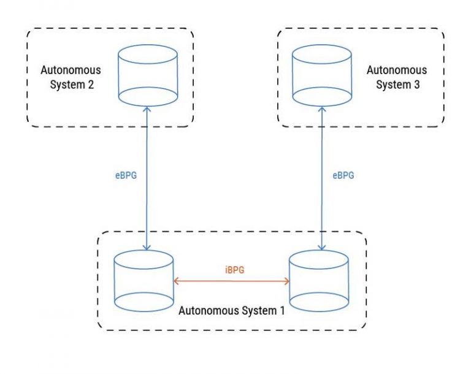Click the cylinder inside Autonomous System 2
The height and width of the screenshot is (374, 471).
(x=147, y=74)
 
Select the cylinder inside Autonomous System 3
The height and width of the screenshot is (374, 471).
(x=323, y=74)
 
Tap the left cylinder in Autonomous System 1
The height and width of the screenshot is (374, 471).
(x=144, y=281)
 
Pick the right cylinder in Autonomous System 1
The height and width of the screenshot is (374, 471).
(x=319, y=281)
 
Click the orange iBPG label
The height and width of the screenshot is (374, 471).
(x=231, y=269)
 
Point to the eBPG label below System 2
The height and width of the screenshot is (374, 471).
(x=125, y=175)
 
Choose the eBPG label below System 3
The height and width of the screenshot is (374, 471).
(x=343, y=175)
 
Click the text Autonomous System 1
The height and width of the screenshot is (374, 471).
(x=231, y=311)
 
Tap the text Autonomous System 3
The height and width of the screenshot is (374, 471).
(x=397, y=77)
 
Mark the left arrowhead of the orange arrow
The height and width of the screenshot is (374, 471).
(x=176, y=281)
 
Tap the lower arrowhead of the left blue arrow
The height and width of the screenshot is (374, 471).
(x=147, y=246)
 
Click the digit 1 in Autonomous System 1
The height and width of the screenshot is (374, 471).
(x=281, y=311)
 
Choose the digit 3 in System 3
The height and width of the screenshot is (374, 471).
(x=416, y=85)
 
